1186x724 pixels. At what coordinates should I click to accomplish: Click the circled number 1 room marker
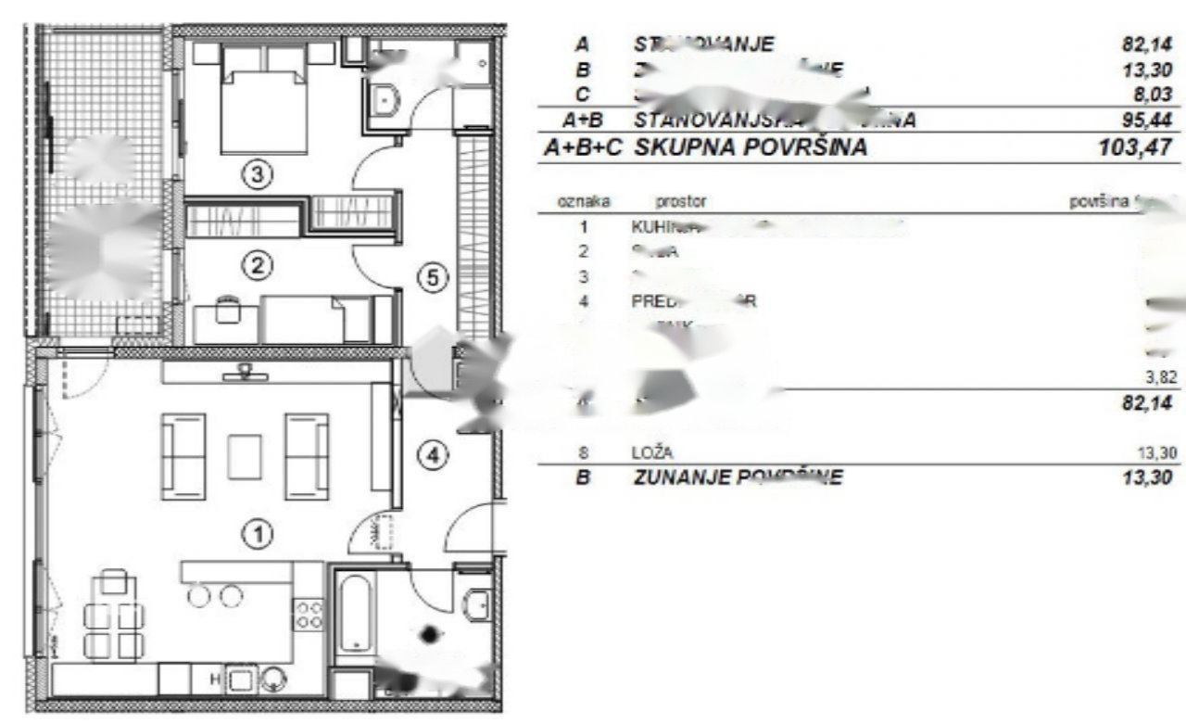tap(259, 533)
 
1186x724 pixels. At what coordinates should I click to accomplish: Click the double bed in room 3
tap(263, 102)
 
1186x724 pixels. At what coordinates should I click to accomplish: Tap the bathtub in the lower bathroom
tap(355, 615)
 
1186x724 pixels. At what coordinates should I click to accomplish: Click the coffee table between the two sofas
tap(246, 456)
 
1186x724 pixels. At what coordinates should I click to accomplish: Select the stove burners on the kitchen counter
tap(309, 615)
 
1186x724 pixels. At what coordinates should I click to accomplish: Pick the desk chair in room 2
tap(228, 310)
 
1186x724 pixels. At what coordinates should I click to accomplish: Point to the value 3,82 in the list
tap(1162, 375)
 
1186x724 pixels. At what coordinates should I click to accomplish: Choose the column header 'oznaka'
tap(583, 201)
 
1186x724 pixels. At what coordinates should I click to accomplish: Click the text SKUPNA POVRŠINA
tap(751, 146)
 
